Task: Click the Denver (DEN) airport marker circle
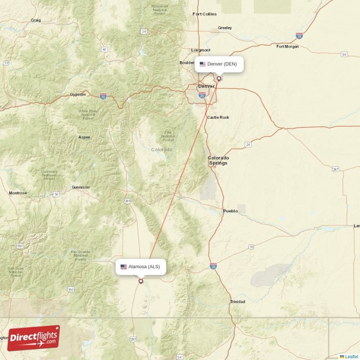click(x=219, y=78)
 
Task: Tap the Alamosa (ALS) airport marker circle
click(x=141, y=281)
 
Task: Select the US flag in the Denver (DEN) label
click(x=202, y=64)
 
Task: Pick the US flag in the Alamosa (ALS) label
click(x=123, y=267)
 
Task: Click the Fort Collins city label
click(x=204, y=14)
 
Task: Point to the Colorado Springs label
click(x=218, y=160)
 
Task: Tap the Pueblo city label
click(x=230, y=211)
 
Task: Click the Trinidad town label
click(x=238, y=301)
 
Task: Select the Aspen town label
click(x=84, y=137)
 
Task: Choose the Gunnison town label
click(x=81, y=187)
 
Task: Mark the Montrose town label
click(x=18, y=193)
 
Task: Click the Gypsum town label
click(x=77, y=94)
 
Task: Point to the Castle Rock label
click(x=218, y=117)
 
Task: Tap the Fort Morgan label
click(x=288, y=46)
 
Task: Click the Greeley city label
click(x=225, y=28)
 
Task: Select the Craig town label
click(x=36, y=20)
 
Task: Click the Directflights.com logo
click(x=33, y=338)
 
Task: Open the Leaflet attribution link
click(x=351, y=356)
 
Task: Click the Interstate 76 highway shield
click(x=299, y=36)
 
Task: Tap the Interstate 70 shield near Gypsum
click(x=103, y=96)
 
